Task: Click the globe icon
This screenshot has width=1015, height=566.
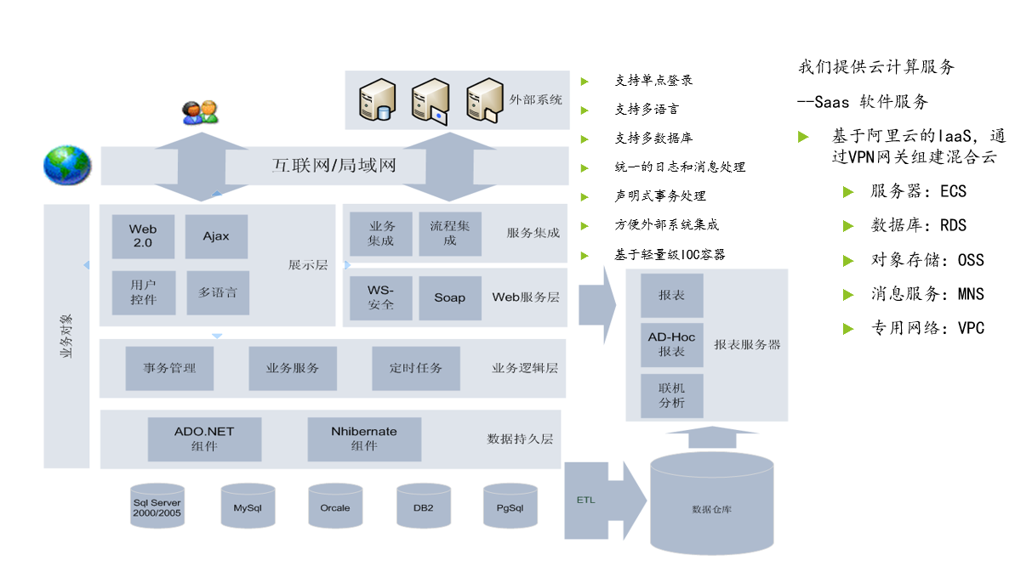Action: click(x=67, y=165)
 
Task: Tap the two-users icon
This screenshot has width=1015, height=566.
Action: click(x=201, y=112)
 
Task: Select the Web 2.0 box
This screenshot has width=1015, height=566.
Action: click(x=143, y=236)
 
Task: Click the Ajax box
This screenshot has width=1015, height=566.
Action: click(x=216, y=236)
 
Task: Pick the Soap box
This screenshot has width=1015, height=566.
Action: click(x=450, y=297)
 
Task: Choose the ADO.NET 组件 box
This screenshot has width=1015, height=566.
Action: click(x=204, y=439)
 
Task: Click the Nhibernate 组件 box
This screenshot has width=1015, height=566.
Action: click(x=364, y=439)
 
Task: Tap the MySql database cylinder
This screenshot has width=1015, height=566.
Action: click(x=248, y=507)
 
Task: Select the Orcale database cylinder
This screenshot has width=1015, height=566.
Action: click(x=335, y=507)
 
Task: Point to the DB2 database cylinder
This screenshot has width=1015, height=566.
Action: click(x=423, y=507)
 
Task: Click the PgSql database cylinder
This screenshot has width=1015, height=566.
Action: click(x=510, y=507)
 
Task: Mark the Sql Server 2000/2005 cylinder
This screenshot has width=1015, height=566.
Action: click(x=157, y=507)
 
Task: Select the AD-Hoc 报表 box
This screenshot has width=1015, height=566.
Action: click(x=671, y=344)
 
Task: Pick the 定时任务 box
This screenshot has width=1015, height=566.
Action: click(x=416, y=368)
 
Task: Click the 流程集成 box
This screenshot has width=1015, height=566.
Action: click(x=450, y=234)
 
